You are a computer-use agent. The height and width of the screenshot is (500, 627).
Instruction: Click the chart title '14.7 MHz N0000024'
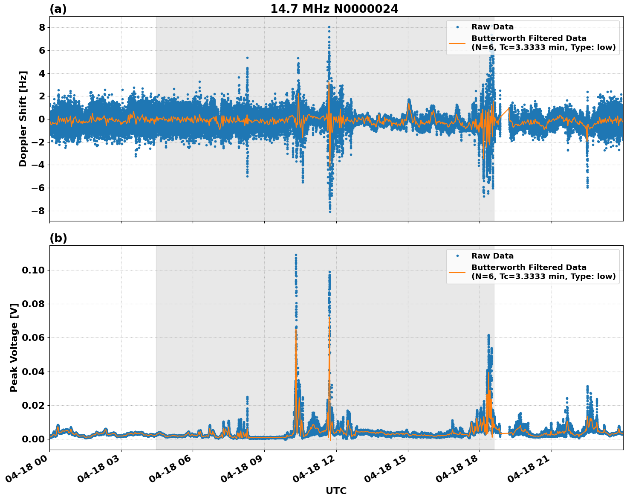(x=334, y=9)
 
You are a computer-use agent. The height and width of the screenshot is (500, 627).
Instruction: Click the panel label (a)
(x=58, y=9)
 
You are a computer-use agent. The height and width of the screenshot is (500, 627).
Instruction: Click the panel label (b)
(x=58, y=238)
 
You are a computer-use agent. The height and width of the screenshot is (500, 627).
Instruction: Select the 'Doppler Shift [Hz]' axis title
(x=23, y=119)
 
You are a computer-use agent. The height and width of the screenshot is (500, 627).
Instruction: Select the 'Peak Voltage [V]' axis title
(x=14, y=347)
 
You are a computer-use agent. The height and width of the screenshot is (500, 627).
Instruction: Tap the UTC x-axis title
(x=336, y=491)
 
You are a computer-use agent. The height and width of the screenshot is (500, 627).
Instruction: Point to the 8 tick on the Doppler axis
(x=42, y=28)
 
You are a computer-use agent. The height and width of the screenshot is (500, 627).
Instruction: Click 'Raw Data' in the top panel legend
(x=492, y=27)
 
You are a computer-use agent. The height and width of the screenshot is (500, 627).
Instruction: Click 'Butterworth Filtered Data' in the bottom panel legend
(x=529, y=267)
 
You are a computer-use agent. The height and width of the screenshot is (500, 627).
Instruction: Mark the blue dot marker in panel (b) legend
(x=457, y=256)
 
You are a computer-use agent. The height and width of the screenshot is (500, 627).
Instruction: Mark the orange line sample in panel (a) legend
(x=457, y=43)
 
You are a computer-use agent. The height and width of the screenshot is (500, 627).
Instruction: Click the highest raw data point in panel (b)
(x=296, y=255)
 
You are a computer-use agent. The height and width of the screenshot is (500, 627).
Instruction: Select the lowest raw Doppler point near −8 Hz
(x=330, y=212)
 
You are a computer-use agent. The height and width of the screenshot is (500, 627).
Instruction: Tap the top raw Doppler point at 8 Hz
(x=329, y=27)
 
